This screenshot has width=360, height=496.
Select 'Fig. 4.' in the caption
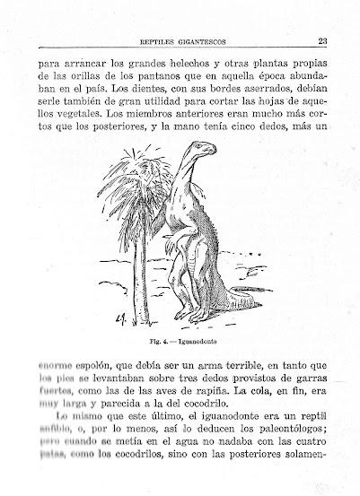pyautogui.click(x=160, y=341)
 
